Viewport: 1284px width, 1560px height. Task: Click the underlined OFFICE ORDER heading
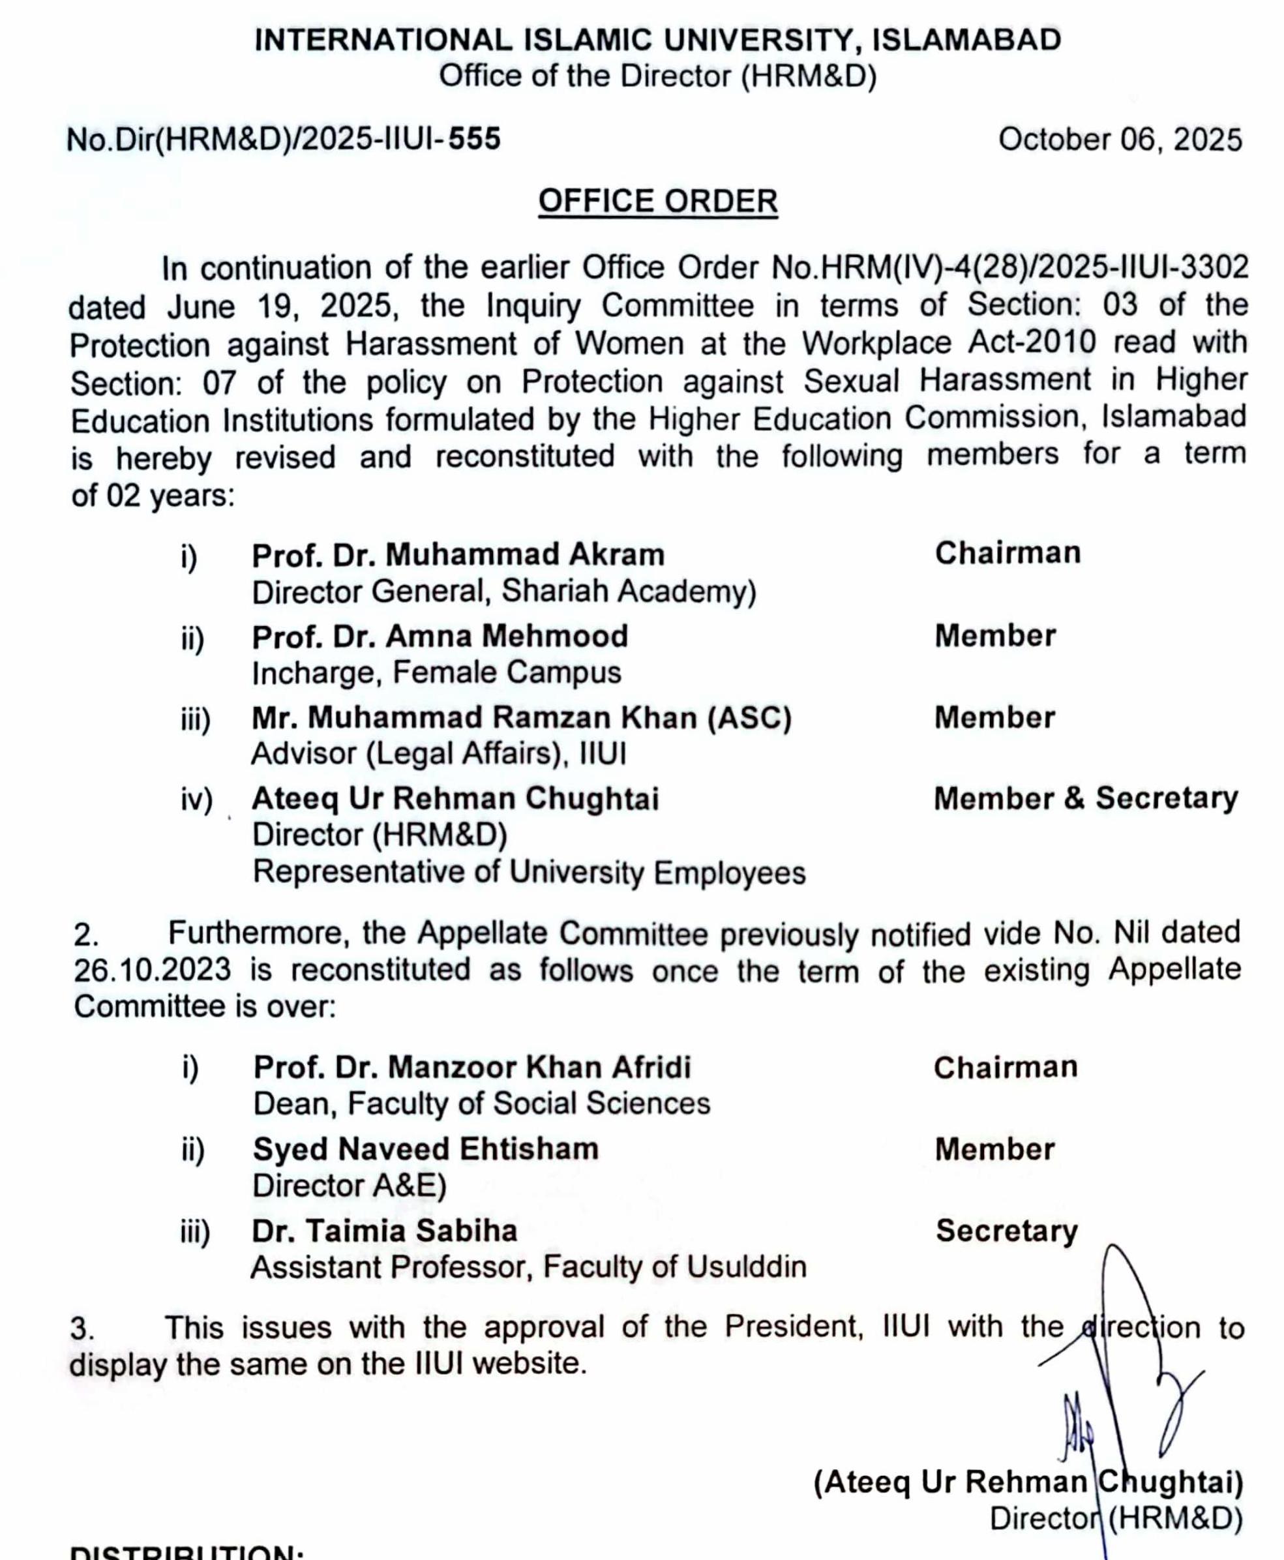657,201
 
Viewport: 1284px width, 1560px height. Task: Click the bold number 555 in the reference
474,139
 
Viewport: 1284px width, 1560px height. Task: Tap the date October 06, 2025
1119,140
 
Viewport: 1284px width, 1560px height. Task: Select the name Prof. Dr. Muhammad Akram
458,555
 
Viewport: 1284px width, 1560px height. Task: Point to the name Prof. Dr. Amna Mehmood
440,636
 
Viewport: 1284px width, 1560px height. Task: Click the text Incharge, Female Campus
436,673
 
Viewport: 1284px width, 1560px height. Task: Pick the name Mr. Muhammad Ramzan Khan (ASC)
522,717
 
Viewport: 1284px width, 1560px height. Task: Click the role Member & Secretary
1085,798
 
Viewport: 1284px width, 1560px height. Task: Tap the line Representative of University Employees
529,873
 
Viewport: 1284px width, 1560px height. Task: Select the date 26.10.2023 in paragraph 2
152,970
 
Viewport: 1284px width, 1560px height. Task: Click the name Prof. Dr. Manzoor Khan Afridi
472,1068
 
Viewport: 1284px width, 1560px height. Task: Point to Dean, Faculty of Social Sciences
481,1104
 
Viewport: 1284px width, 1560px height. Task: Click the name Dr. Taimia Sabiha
385,1231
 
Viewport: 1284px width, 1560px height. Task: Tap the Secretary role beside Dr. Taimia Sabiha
1006,1231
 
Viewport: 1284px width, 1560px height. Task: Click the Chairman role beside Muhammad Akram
1008,553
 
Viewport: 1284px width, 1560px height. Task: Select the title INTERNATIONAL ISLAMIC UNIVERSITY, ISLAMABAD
657,40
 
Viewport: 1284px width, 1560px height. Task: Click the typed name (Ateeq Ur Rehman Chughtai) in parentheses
1028,1482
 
